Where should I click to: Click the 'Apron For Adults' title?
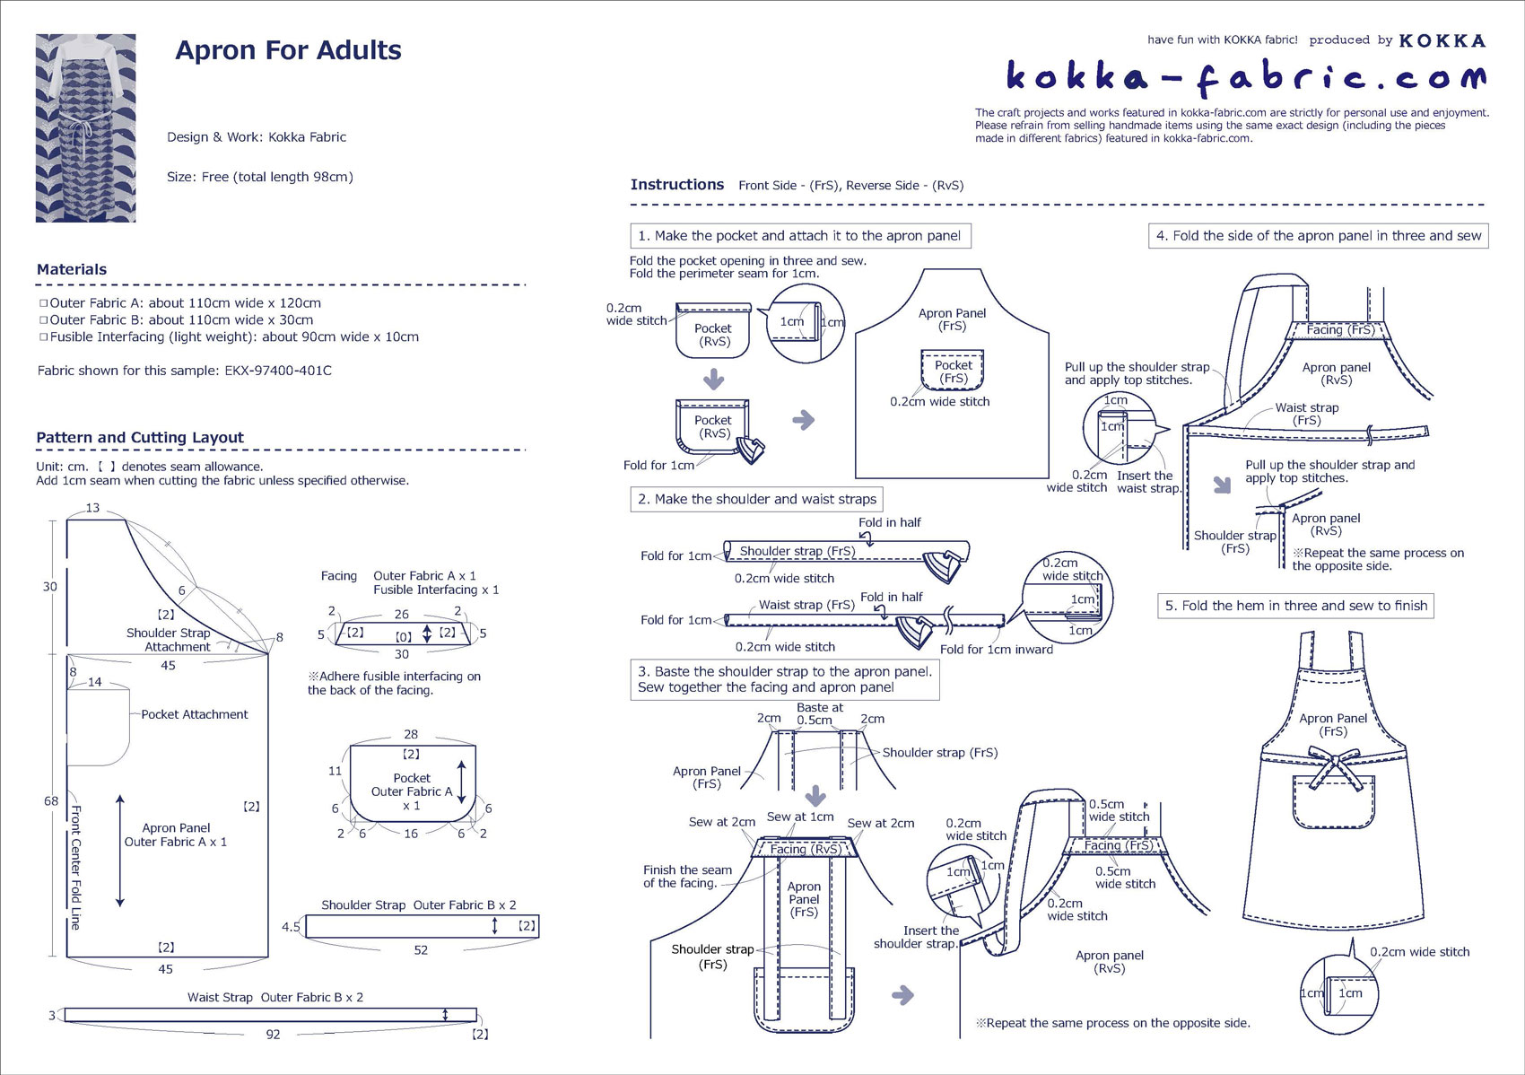pyautogui.click(x=288, y=50)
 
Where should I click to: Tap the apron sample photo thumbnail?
pyautogui.click(x=85, y=127)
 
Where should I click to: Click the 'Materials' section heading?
pyautogui.click(x=72, y=269)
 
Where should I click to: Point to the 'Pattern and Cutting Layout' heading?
pyautogui.click(x=140, y=438)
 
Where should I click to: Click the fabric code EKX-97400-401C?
pyautogui.click(x=278, y=371)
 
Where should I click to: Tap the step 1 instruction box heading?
pyautogui.click(x=799, y=236)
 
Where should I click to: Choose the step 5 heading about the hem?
pyautogui.click(x=1295, y=606)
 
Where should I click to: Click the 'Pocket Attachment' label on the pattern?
pyautogui.click(x=194, y=714)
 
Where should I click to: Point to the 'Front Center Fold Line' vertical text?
pyautogui.click(x=76, y=867)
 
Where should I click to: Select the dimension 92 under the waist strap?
pyautogui.click(x=273, y=1035)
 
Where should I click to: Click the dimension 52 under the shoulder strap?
pyautogui.click(x=421, y=949)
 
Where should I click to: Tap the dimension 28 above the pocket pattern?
pyautogui.click(x=411, y=734)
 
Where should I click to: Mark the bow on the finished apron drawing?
pyautogui.click(x=1336, y=768)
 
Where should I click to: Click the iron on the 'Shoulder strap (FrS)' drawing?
pyautogui.click(x=945, y=564)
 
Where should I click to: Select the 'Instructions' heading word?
pyautogui.click(x=676, y=185)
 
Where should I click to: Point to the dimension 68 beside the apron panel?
pyautogui.click(x=51, y=801)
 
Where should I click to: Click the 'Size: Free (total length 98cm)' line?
pyautogui.click(x=260, y=177)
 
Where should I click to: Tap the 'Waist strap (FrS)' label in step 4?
pyautogui.click(x=1307, y=414)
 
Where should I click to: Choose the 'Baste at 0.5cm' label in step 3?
pyautogui.click(x=819, y=713)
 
